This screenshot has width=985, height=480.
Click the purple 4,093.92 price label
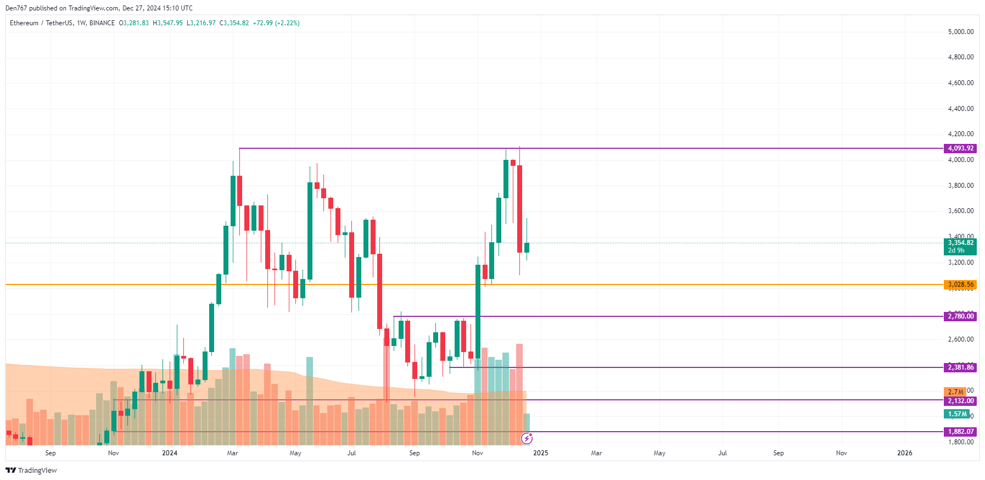tap(960, 148)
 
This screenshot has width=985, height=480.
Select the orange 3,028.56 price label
tap(960, 284)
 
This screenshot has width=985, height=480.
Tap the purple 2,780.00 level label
tap(960, 316)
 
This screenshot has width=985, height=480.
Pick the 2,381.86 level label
tap(960, 367)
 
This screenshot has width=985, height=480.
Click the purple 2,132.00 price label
tap(960, 401)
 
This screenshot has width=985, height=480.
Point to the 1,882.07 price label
tap(960, 432)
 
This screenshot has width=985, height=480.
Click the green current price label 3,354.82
tap(960, 243)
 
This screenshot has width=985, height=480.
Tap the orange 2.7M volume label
tap(955, 392)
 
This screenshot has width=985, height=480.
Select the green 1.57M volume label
tap(956, 414)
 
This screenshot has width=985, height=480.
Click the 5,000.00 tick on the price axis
tap(960, 32)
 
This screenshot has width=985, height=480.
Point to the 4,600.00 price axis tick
tap(960, 83)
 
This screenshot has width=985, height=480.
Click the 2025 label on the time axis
tap(540, 453)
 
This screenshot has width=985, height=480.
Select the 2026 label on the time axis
tap(904, 453)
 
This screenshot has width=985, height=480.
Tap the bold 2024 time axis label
tap(170, 453)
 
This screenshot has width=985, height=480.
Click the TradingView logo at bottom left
tap(31, 471)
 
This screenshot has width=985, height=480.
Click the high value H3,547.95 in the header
tap(167, 23)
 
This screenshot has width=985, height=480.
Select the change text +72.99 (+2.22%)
tap(276, 23)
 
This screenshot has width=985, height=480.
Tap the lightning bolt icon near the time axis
tap(527, 438)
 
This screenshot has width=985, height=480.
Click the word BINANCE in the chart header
tap(102, 23)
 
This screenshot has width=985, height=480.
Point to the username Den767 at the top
tap(16, 8)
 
